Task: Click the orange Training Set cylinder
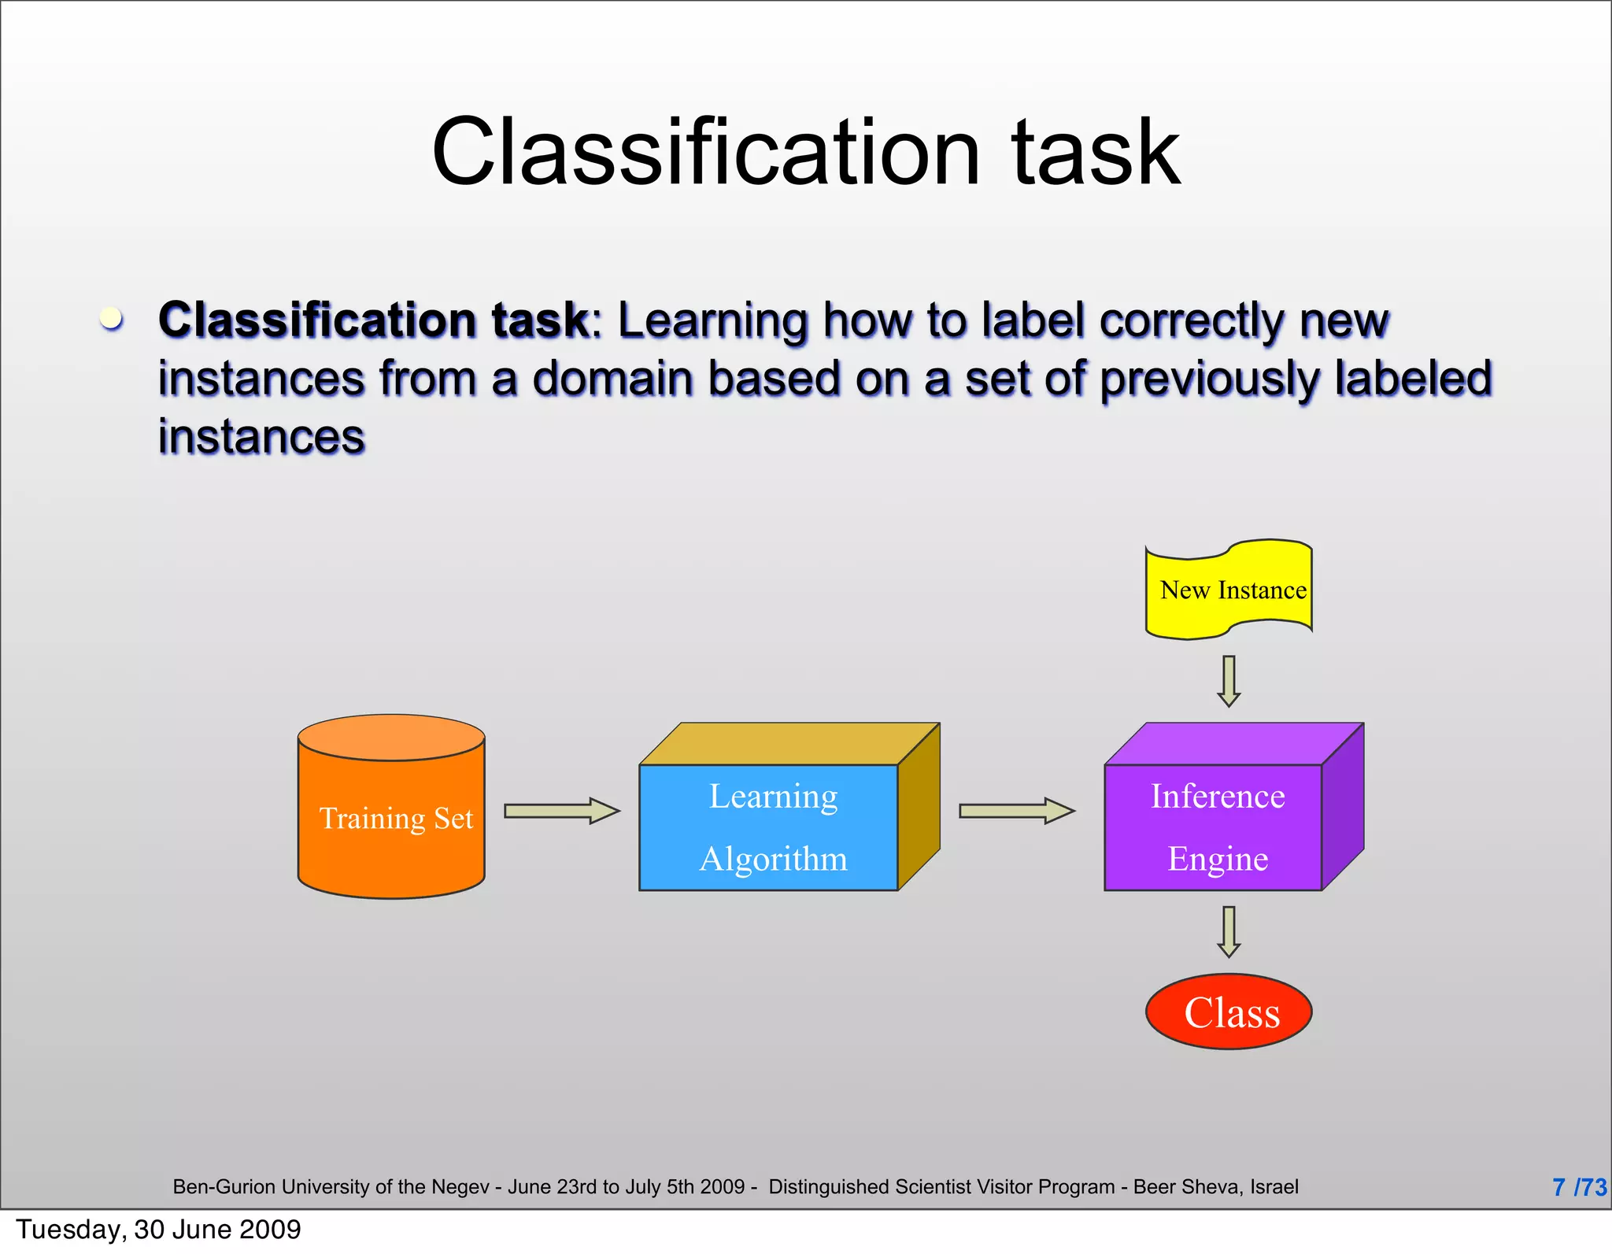pyautogui.click(x=391, y=819)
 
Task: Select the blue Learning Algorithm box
pyautogui.click(x=769, y=827)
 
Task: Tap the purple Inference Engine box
pyautogui.click(x=1214, y=827)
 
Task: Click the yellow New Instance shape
pyautogui.click(x=1229, y=590)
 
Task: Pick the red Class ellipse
pyautogui.click(x=1229, y=1012)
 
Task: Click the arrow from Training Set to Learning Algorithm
pyautogui.click(x=561, y=811)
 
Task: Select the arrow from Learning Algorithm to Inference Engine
pyautogui.click(x=1016, y=811)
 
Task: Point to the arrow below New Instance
pyautogui.click(x=1229, y=681)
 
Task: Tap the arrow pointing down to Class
pyautogui.click(x=1229, y=931)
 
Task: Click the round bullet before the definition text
pyautogui.click(x=112, y=319)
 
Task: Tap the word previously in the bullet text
pyautogui.click(x=1209, y=379)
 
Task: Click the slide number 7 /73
pyautogui.click(x=1578, y=1187)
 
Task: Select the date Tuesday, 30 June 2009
pyautogui.click(x=158, y=1229)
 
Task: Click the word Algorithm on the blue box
pyautogui.click(x=774, y=859)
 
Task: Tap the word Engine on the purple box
pyautogui.click(x=1218, y=859)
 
